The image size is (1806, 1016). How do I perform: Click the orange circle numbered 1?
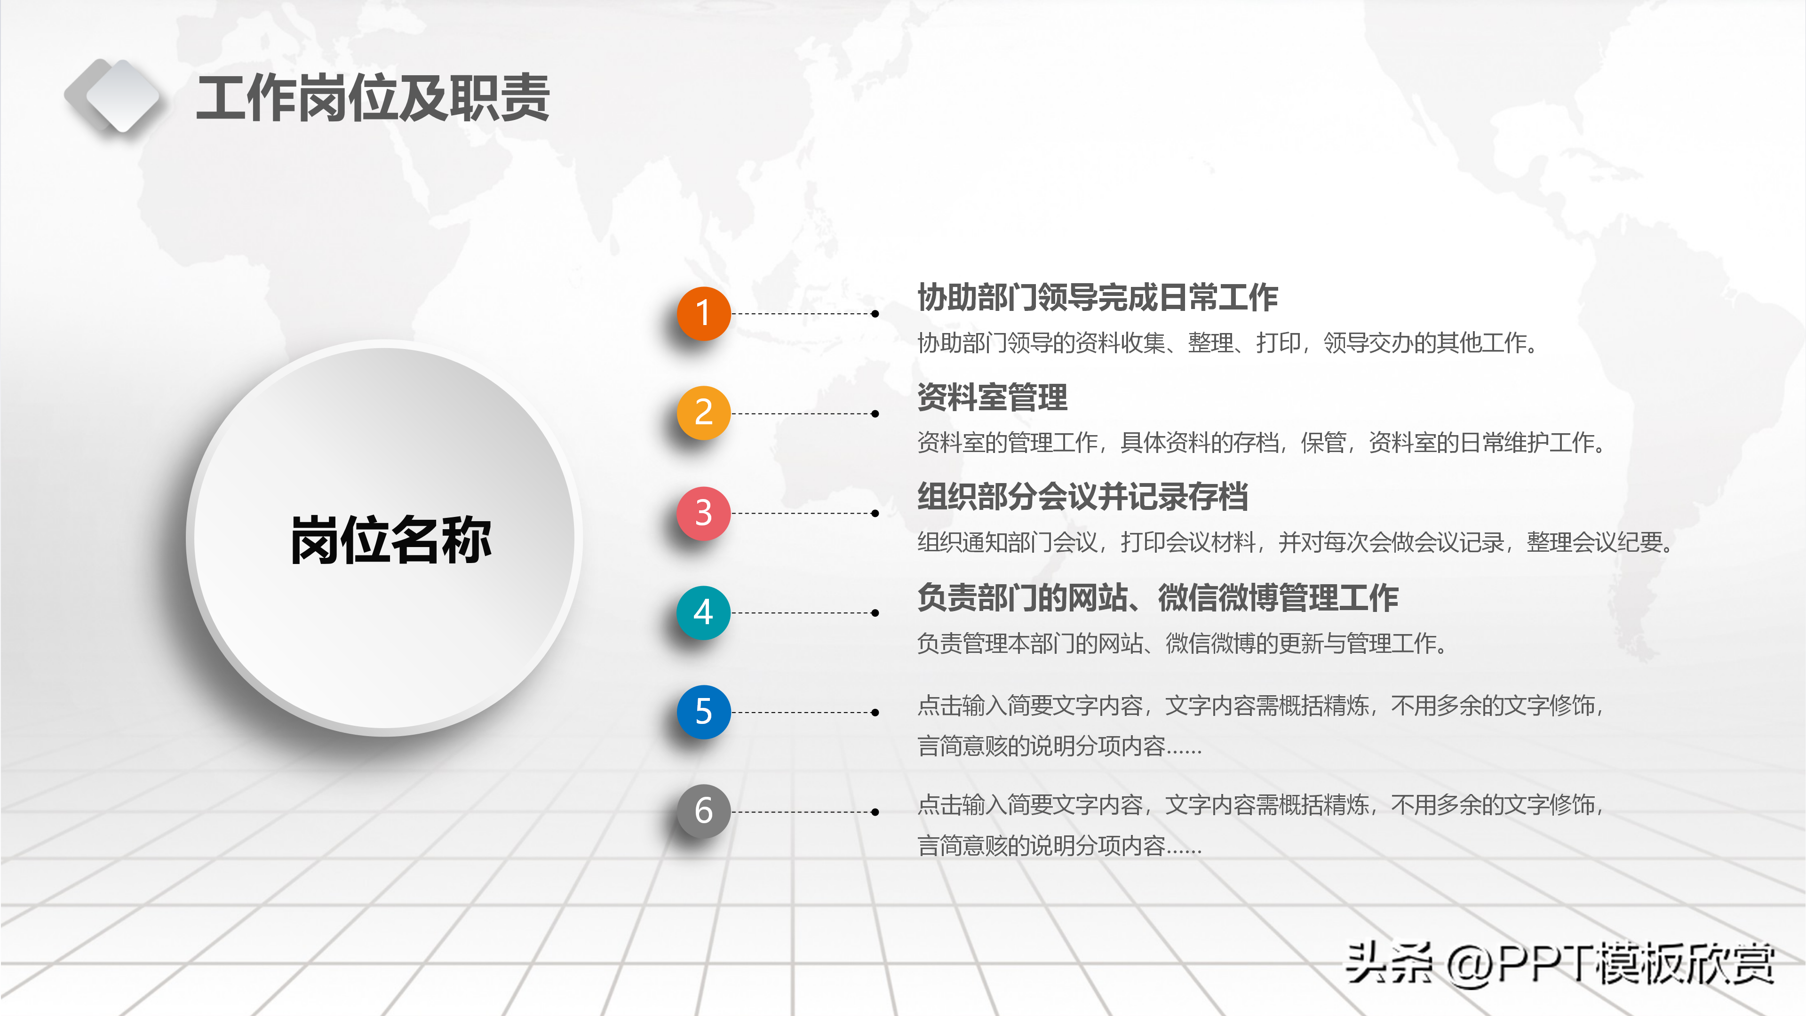703,313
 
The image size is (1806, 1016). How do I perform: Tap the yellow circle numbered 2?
703,413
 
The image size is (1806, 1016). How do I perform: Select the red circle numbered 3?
703,513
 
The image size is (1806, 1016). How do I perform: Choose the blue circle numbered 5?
703,712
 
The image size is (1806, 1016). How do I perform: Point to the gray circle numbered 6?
703,811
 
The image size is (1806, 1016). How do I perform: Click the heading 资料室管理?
992,397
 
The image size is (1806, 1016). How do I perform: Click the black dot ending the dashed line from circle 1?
875,314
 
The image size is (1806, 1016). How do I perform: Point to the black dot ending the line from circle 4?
875,613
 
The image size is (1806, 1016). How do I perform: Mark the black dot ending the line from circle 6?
875,812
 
